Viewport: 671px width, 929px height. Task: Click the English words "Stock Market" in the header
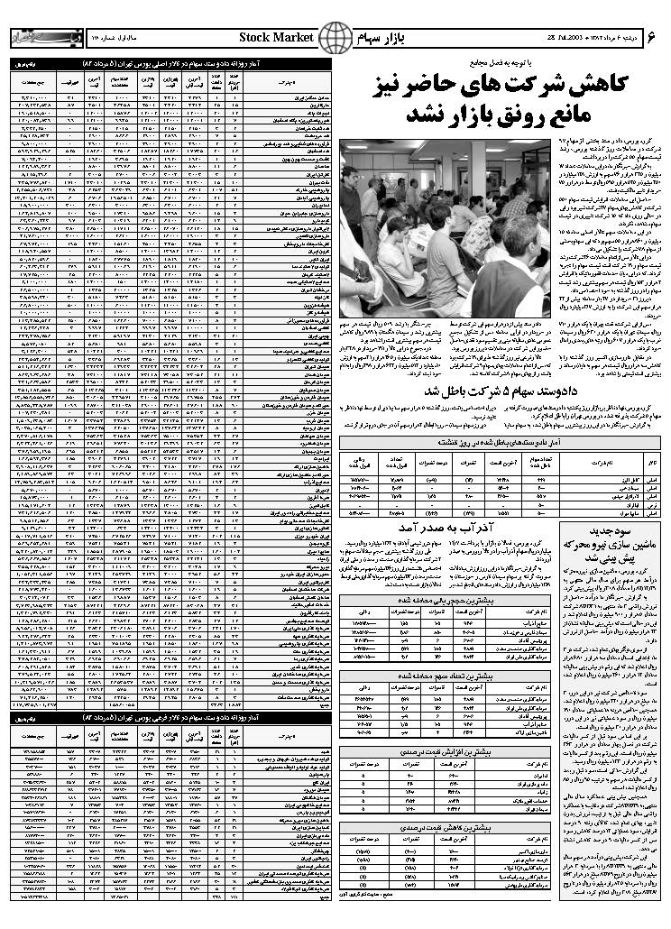276,36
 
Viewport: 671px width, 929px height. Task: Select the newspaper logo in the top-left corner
36,38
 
